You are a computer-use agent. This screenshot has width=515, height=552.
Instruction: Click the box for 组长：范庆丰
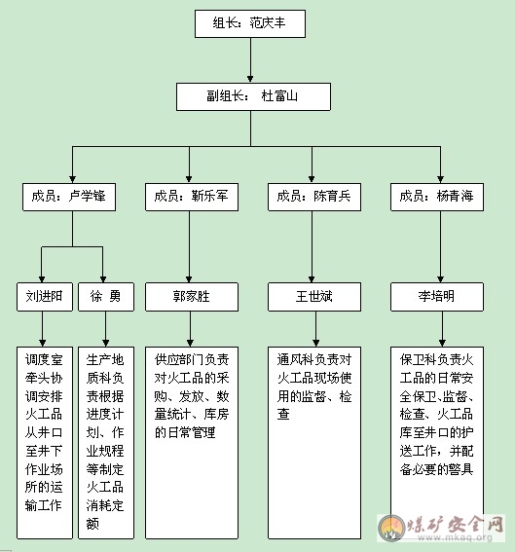tap(250, 23)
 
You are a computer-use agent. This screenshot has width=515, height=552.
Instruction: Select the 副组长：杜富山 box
tap(253, 96)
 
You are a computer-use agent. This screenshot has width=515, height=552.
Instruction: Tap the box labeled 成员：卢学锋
tap(69, 197)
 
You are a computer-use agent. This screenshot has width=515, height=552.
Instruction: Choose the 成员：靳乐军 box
tap(192, 197)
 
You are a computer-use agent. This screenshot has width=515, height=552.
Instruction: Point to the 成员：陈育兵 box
tap(314, 197)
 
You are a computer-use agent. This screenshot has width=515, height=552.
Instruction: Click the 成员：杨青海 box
tap(437, 197)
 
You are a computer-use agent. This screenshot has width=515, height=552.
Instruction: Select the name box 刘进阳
tap(45, 297)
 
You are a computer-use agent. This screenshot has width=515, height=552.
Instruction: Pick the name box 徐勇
tap(106, 297)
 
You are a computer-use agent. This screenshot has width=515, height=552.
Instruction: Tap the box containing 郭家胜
tap(192, 297)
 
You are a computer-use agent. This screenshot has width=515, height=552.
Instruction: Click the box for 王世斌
tap(314, 297)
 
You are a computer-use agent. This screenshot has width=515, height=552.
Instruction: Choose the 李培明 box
tap(437, 297)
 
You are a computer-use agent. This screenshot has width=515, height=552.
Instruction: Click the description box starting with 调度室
tap(45, 443)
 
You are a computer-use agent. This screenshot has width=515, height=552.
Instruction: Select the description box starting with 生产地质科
tap(106, 443)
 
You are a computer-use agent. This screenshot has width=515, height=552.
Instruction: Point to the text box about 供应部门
tap(192, 443)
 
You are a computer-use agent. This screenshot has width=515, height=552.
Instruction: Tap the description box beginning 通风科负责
tap(314, 443)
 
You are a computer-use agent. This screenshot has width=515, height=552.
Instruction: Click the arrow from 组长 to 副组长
tap(250, 60)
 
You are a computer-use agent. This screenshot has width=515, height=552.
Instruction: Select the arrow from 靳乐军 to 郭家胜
tap(189, 246)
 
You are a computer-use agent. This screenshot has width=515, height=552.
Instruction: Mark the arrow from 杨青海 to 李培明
tap(440, 246)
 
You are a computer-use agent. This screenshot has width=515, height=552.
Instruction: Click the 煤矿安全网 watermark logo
tap(441, 528)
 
